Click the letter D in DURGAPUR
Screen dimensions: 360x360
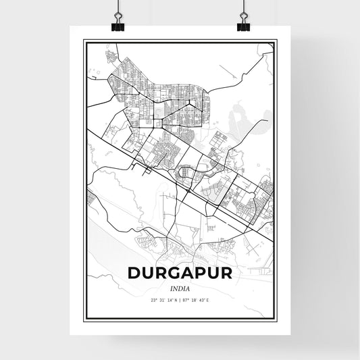[x=134, y=272]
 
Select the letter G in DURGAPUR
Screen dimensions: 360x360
[x=171, y=272]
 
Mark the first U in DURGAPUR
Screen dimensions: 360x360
[x=147, y=272]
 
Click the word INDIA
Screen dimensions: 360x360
[x=180, y=286]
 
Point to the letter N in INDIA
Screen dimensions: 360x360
[x=175, y=286]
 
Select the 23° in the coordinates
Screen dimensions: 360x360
[x=154, y=299]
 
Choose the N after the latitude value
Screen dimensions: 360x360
[x=177, y=299]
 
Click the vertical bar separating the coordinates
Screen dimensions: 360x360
[x=181, y=299]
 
